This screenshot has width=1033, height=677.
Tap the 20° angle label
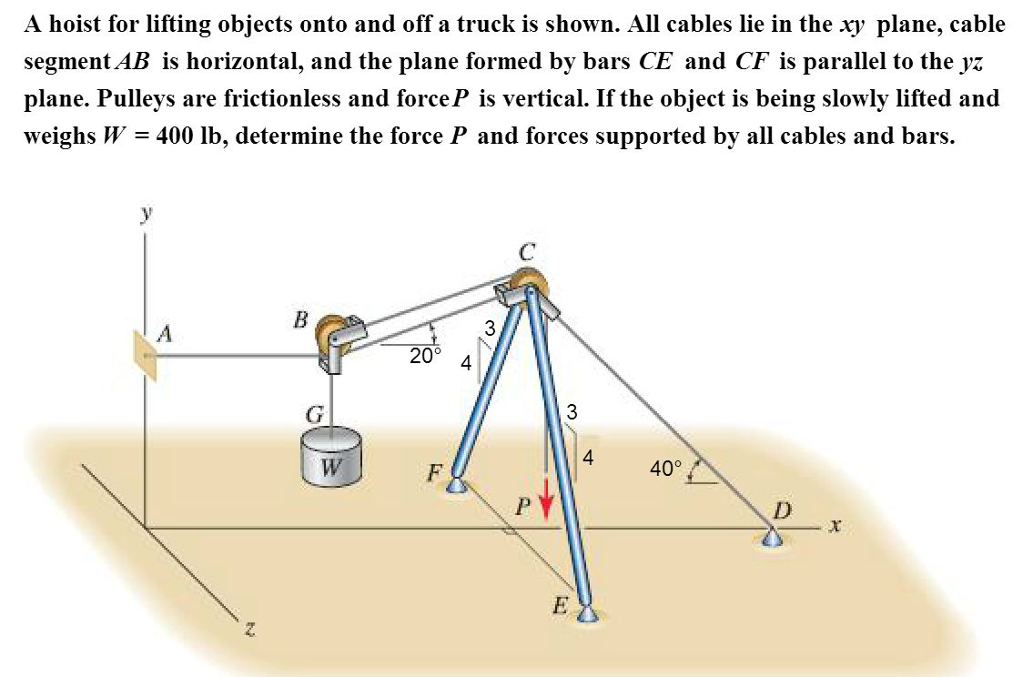425,356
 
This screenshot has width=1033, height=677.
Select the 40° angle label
665,469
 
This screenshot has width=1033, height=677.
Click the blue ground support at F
458,487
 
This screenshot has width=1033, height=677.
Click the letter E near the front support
562,605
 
